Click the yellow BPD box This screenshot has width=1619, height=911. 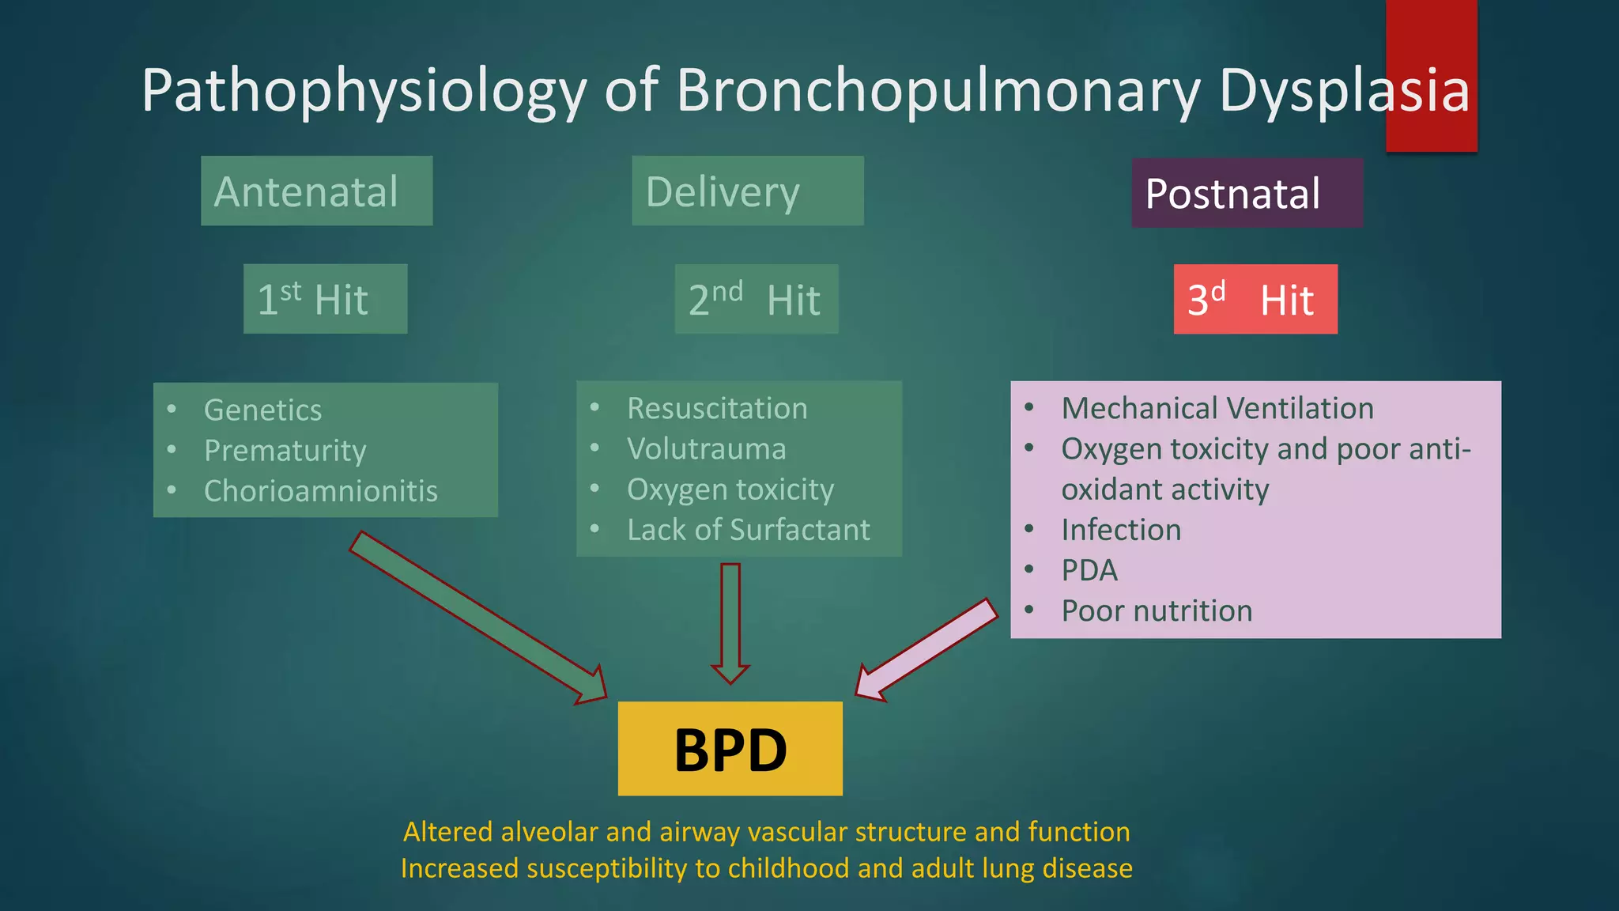pos(730,748)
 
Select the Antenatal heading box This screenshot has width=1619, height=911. pos(316,191)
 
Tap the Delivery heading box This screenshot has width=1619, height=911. pos(747,191)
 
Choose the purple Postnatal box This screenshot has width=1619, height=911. pos(1247,193)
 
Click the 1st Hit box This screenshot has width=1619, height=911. pos(325,299)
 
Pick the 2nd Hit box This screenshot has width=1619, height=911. pos(756,299)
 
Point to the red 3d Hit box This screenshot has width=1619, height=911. pos(1255,299)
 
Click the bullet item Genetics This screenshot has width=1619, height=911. pos(262,410)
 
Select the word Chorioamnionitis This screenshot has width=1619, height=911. pos(320,491)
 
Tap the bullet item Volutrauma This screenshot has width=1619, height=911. pos(706,448)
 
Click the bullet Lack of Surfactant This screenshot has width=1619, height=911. pos(748,530)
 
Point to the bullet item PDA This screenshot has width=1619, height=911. pos(1089,570)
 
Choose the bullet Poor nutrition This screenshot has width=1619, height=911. pos(1156,610)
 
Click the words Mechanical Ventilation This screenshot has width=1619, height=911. pos(1217,408)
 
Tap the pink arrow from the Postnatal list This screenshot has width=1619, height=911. pos(929,648)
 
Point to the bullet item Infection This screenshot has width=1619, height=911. pos(1120,530)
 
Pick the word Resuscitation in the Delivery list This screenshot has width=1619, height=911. pos(716,408)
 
